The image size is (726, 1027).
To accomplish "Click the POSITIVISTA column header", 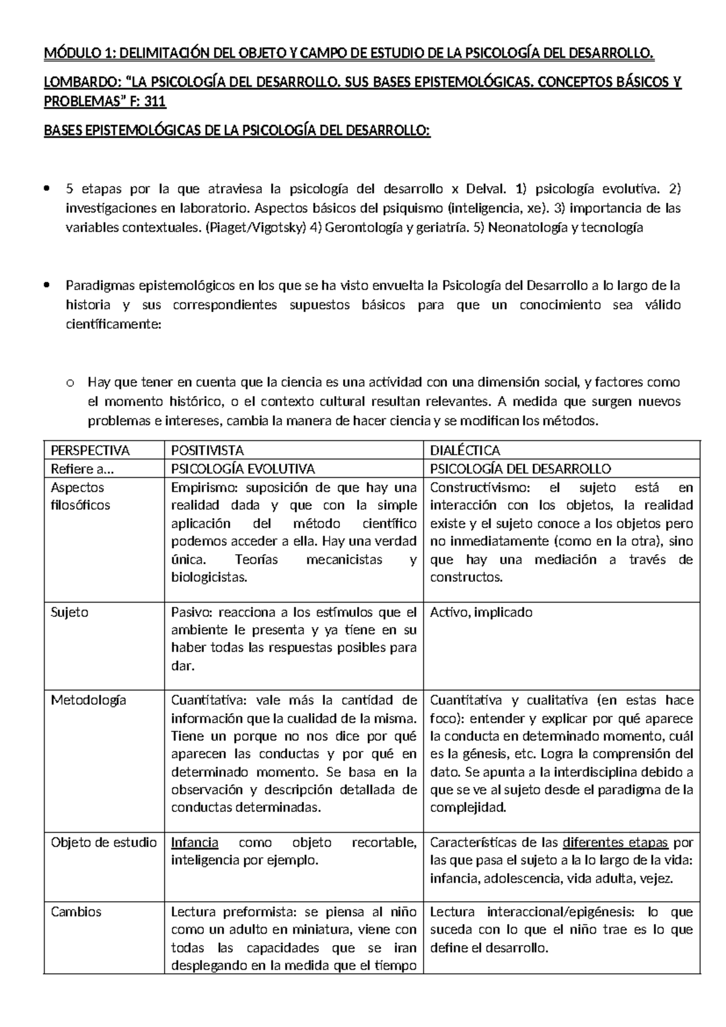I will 208,450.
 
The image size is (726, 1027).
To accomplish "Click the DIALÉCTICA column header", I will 465,450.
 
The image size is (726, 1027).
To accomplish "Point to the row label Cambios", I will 76,911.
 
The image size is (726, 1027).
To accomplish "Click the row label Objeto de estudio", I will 103,842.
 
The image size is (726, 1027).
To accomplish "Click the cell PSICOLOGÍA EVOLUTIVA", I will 243,468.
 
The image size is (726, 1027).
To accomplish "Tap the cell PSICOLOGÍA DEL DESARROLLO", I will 520,468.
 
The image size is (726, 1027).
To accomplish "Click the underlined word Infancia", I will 194,842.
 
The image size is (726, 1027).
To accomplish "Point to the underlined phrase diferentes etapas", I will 615,842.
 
